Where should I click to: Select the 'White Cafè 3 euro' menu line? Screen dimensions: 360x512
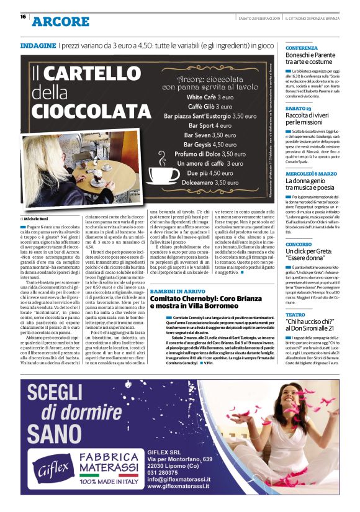point(210,97)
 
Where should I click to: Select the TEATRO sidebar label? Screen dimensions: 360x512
point(295,315)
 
